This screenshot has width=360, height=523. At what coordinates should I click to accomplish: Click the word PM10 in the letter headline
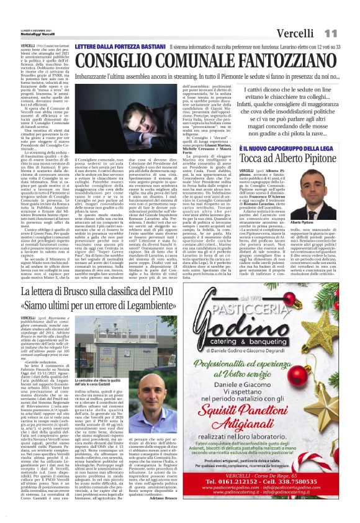coord(174,291)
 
